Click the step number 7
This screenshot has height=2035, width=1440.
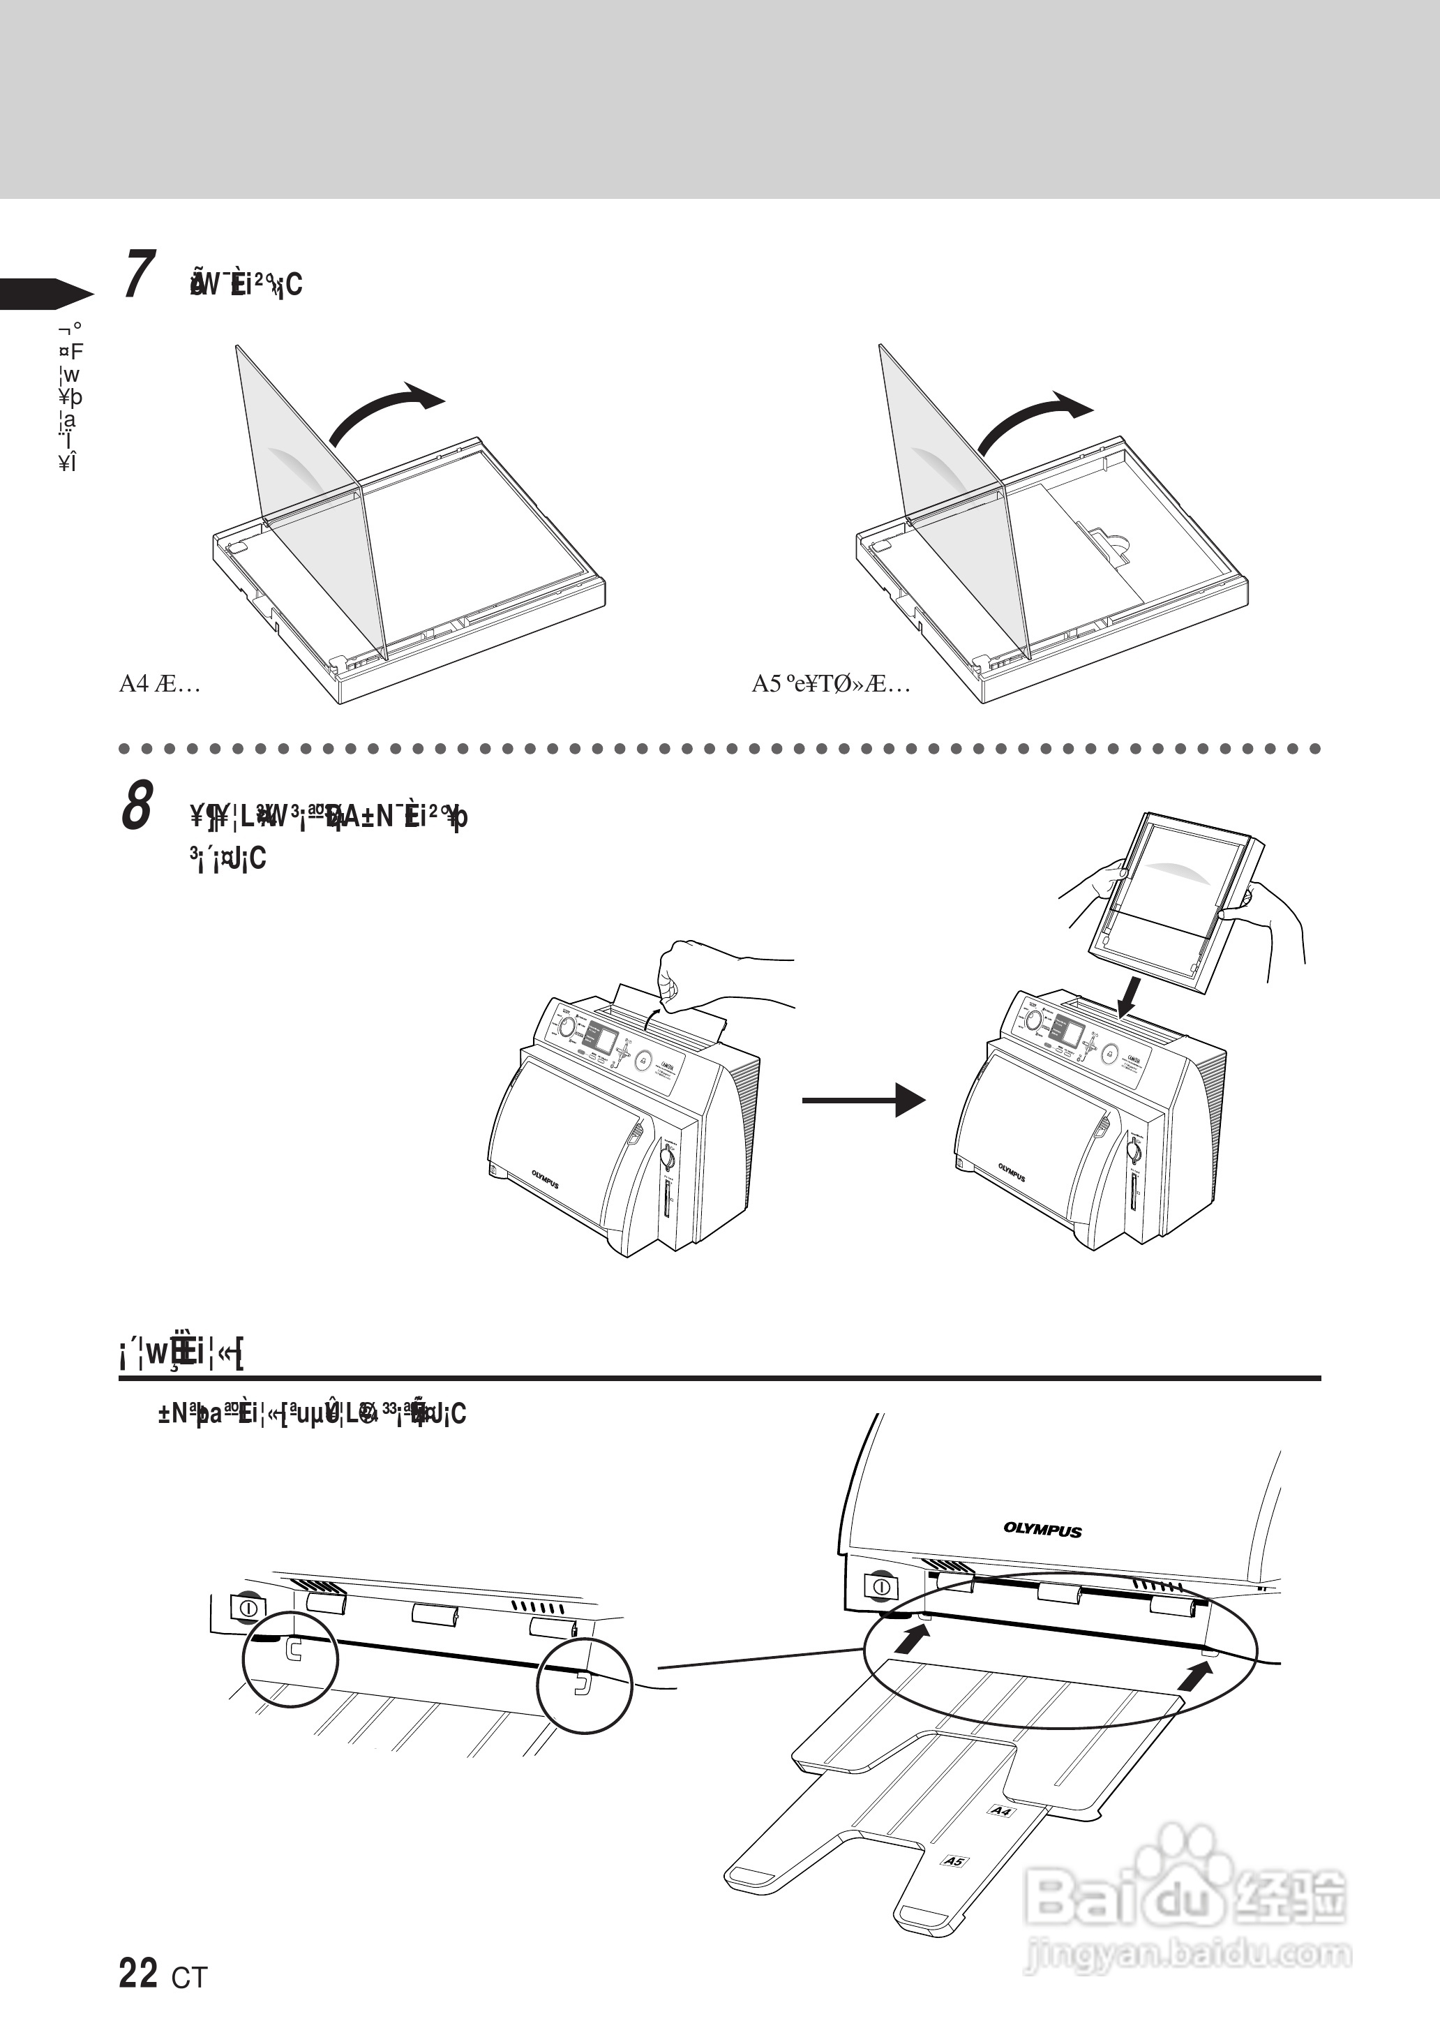pyautogui.click(x=138, y=275)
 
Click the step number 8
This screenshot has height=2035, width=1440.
pyautogui.click(x=137, y=805)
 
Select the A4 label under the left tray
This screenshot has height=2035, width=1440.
pyautogui.click(x=160, y=684)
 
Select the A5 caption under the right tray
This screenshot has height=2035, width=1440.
pyautogui.click(x=830, y=684)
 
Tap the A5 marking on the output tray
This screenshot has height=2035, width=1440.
pyautogui.click(x=954, y=1861)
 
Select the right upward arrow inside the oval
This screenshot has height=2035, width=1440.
pyautogui.click(x=1198, y=1675)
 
